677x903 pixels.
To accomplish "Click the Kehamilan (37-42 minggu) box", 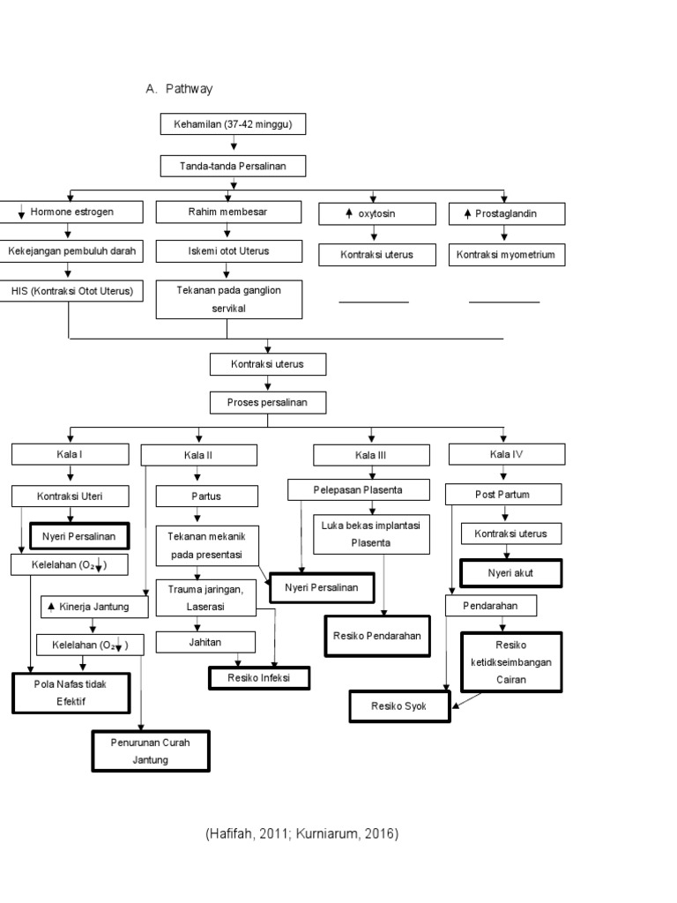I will pos(233,125).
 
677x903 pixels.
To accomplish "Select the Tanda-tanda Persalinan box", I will pos(233,166).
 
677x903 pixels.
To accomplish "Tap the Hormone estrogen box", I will pos(70,213).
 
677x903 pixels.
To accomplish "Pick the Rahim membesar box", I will pos(227,213).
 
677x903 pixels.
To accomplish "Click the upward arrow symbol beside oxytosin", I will pos(348,214).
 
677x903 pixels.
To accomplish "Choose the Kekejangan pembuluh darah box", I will pos(71,251).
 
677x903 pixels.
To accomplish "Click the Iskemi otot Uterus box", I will pos(227,251).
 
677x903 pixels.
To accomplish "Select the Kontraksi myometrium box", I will pos(506,256).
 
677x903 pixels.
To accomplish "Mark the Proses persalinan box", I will pos(267,403).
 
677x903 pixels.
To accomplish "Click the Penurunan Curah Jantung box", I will pos(151,750).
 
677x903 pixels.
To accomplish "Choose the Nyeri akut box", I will pos(511,573).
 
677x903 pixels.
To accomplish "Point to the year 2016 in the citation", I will pos(379,833).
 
